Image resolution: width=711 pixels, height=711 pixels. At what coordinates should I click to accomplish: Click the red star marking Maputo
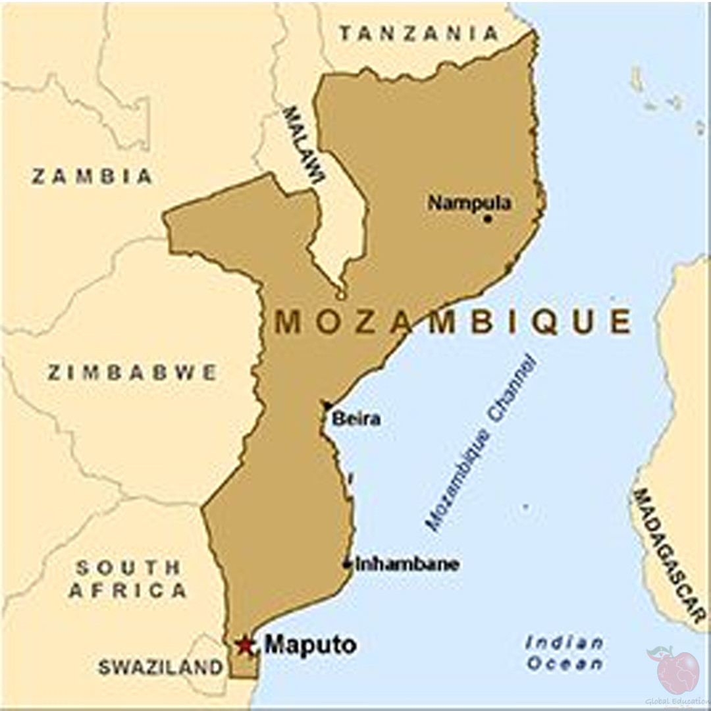pyautogui.click(x=245, y=645)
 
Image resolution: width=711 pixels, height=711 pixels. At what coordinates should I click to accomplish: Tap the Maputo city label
pyautogui.click(x=310, y=645)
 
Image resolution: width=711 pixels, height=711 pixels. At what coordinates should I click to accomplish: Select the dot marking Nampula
pyautogui.click(x=487, y=218)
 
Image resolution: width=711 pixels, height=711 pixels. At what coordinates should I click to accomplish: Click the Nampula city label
pyautogui.click(x=469, y=203)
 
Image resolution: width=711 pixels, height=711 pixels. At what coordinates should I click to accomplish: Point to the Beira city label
pyautogui.click(x=356, y=419)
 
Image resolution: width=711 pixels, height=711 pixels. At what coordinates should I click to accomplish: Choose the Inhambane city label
pyautogui.click(x=407, y=564)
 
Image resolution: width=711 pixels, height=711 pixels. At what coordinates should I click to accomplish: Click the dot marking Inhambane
pyautogui.click(x=347, y=564)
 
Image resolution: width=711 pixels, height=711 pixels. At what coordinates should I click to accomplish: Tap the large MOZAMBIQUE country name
pyautogui.click(x=453, y=323)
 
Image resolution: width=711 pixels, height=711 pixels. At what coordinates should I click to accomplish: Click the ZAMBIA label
pyautogui.click(x=92, y=176)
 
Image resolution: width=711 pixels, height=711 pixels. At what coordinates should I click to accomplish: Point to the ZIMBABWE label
pyautogui.click(x=132, y=373)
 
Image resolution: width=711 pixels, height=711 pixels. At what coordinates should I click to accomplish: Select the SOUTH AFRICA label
pyautogui.click(x=128, y=579)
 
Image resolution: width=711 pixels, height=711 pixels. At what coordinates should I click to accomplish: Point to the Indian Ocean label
pyautogui.click(x=564, y=653)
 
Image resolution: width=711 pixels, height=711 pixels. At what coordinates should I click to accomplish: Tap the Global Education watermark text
pyautogui.click(x=677, y=702)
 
